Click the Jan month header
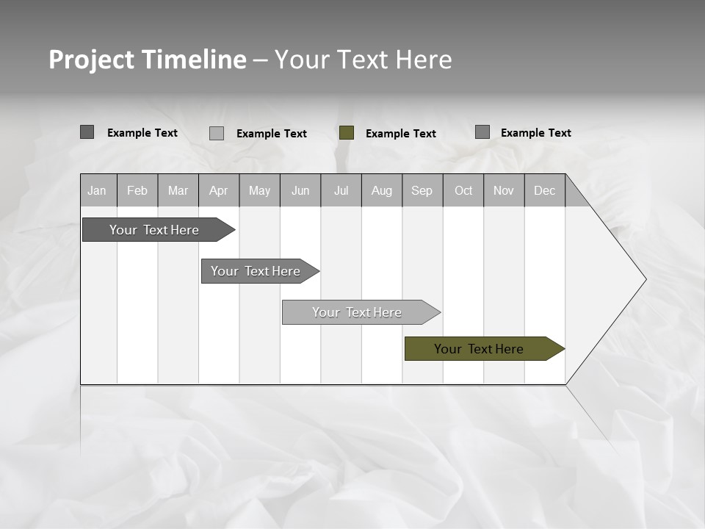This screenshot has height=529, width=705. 98,190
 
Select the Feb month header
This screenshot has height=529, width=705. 137,190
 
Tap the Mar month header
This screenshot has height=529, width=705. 178,190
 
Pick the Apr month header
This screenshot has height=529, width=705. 218,190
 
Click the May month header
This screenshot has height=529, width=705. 259,190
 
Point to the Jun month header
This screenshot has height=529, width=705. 300,190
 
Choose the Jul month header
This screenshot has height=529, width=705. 341,190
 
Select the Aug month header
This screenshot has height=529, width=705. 381,190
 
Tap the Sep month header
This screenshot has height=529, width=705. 422,190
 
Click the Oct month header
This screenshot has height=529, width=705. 463,190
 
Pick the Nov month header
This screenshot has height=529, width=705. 504,190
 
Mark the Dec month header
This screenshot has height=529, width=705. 544,190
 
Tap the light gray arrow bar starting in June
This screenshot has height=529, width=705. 358,312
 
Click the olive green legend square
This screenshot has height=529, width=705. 347,133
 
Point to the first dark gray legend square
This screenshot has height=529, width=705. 87,132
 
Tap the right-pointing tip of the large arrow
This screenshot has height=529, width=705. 644,279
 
